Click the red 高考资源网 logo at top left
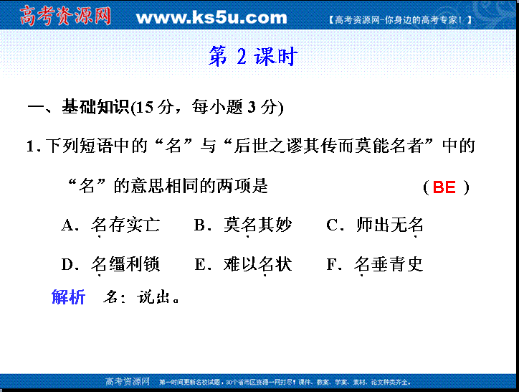pyautogui.click(x=65, y=16)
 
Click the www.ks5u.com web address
pyautogui.click(x=211, y=17)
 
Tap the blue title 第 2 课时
pyautogui.click(x=253, y=56)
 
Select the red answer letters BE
pyautogui.click(x=444, y=187)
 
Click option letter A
pyautogui.click(x=68, y=225)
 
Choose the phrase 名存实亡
pyautogui.click(x=125, y=225)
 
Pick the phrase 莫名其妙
pyautogui.click(x=257, y=225)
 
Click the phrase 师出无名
pyautogui.click(x=390, y=225)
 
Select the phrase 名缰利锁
pyautogui.click(x=125, y=265)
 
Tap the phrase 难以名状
pyautogui.click(x=257, y=265)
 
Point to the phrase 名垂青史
pyautogui.click(x=389, y=265)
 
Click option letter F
pyautogui.click(x=332, y=265)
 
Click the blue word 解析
pyautogui.click(x=69, y=297)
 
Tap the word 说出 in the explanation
pyautogui.click(x=154, y=297)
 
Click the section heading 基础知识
pyautogui.click(x=95, y=107)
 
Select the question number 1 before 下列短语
pyautogui.click(x=30, y=146)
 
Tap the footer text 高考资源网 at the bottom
pyautogui.click(x=128, y=382)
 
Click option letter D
pyautogui.click(x=68, y=265)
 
